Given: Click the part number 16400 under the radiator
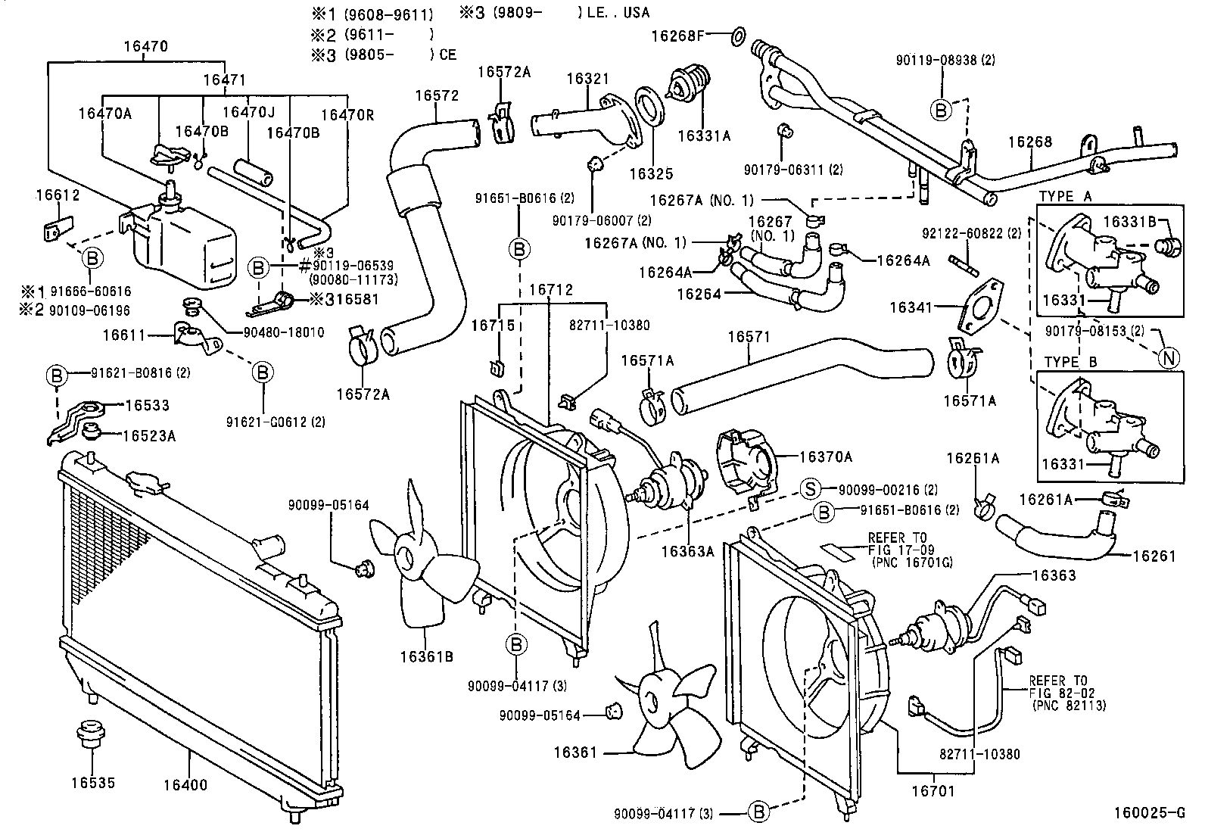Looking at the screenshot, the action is [185, 785].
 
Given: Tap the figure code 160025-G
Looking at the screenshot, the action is [1150, 812].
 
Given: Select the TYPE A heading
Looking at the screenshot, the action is [1065, 196].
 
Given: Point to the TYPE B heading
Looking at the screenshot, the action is [1070, 362].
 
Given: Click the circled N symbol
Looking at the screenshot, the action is [1169, 358].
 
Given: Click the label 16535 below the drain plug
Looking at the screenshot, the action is [93, 783].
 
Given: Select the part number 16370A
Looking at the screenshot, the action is [826, 457].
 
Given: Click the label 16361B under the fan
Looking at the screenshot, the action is [427, 656].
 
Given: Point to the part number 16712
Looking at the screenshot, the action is [551, 289].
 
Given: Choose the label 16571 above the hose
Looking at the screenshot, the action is [749, 337].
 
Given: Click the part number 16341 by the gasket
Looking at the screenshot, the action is [911, 307].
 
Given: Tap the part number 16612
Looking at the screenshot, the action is [58, 195].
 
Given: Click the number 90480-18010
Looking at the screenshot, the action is [284, 332].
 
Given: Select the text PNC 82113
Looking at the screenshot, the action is [1069, 706].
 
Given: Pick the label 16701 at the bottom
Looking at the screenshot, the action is [933, 791].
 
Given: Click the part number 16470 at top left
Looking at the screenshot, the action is [146, 46].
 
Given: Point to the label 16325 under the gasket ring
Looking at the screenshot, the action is [652, 174].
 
